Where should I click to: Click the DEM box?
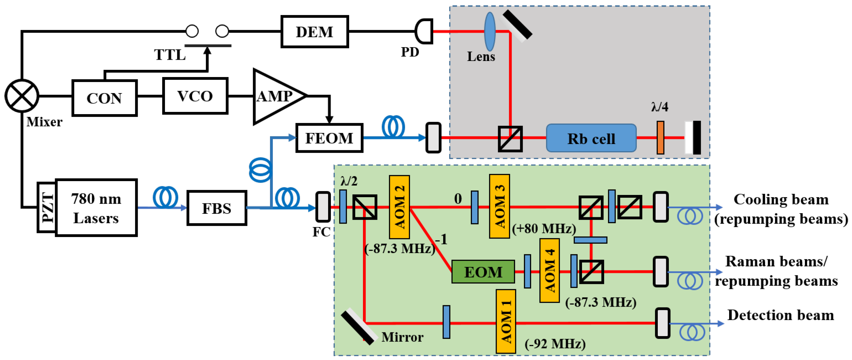(x=314, y=32)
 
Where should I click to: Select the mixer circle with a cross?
(x=22, y=96)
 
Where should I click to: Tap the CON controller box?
(x=105, y=98)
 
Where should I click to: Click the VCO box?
(x=195, y=96)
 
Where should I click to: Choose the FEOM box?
(x=329, y=138)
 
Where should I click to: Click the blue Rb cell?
(x=591, y=138)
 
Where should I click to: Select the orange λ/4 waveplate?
(x=660, y=138)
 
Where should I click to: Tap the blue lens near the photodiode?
(x=490, y=31)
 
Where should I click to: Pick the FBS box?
(x=217, y=208)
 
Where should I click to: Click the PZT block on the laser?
(x=47, y=208)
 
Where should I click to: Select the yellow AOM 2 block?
(x=399, y=207)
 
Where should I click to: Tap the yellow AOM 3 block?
(x=499, y=207)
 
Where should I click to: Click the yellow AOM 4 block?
(x=549, y=271)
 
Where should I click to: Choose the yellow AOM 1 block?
(x=506, y=322)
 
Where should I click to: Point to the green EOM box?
(x=483, y=272)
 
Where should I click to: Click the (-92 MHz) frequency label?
(x=555, y=344)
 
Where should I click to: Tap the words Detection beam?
(x=780, y=315)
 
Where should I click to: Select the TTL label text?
(x=170, y=55)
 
